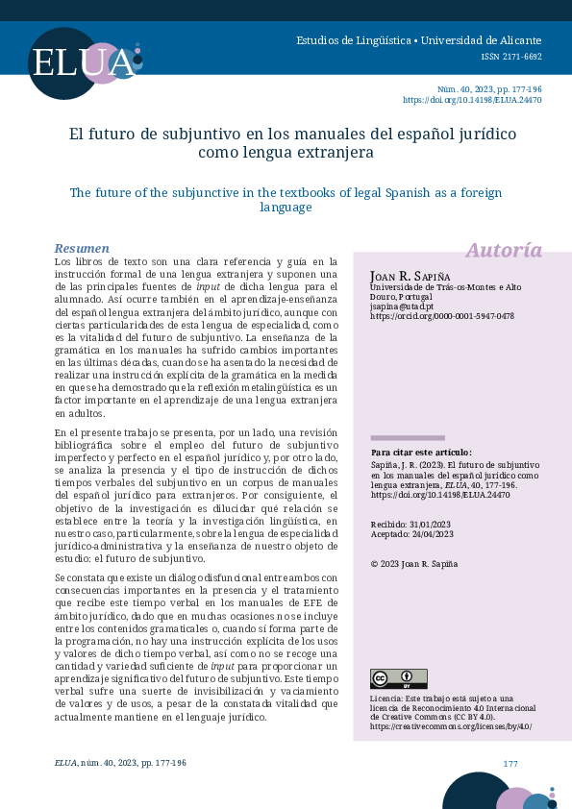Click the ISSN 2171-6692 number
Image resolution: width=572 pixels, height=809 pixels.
point(511,57)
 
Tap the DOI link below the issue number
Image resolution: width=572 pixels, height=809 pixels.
point(471,100)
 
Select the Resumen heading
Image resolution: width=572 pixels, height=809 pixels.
point(82,248)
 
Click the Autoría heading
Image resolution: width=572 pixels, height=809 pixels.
point(504,251)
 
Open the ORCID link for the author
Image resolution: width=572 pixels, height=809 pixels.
point(441,316)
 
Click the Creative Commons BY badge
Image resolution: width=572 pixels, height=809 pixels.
point(398,678)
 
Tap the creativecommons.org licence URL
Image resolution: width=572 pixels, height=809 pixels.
point(450,727)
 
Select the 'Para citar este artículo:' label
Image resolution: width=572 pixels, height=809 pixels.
point(421,452)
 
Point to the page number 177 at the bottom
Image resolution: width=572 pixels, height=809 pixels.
point(510,763)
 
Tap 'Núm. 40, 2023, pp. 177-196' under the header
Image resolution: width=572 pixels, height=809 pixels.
point(489,88)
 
